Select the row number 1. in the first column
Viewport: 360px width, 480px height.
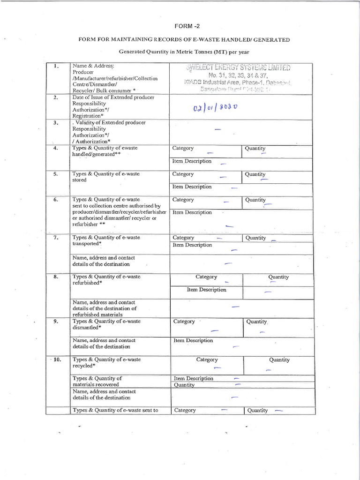[x=56, y=67]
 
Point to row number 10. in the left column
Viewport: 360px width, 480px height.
[x=56, y=360]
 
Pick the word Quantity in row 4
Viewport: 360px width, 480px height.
[x=255, y=149]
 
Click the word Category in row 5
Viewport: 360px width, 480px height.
[x=183, y=174]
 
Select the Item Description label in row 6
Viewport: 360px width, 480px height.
[x=192, y=212]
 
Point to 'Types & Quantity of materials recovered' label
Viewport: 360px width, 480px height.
[x=97, y=381]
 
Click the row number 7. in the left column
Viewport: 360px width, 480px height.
[x=56, y=238]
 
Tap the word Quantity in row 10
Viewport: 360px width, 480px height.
[x=279, y=360]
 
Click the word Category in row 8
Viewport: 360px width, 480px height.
[x=206, y=277]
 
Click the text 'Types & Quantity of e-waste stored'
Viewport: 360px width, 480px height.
[x=106, y=177]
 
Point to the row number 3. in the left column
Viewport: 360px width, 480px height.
[x=56, y=123]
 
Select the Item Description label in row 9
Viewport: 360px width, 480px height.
[x=193, y=340]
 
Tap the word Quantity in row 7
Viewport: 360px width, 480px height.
[x=255, y=238]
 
